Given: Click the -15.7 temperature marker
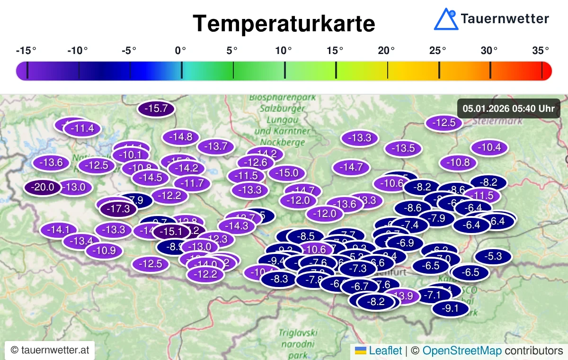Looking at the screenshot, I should pos(156,109).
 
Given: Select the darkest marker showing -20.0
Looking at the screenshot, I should pos(43,187).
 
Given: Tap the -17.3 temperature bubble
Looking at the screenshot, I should pos(118,208).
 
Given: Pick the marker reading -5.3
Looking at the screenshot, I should pos(493,257).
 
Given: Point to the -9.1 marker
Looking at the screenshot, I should pos(450,309).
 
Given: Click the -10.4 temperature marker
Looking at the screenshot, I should pos(489,147).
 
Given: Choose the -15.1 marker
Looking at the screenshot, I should pos(171,232).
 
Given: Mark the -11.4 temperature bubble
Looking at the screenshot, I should pos(82,128).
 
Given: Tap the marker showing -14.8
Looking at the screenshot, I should pos(180,137).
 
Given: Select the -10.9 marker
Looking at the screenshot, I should pos(104,251).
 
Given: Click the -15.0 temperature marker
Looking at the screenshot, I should pos(286,173).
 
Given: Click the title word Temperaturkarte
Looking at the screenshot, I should pos(284,23).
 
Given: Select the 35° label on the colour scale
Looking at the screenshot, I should pos(540,50).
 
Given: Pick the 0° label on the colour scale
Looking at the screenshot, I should pos(180,50).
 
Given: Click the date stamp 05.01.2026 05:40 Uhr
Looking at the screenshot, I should pos(508,108).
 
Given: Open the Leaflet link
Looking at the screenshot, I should pos(385,351).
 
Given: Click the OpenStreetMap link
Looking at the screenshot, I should pos(462,351).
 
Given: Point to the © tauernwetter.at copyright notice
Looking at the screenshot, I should pos(50,351).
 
